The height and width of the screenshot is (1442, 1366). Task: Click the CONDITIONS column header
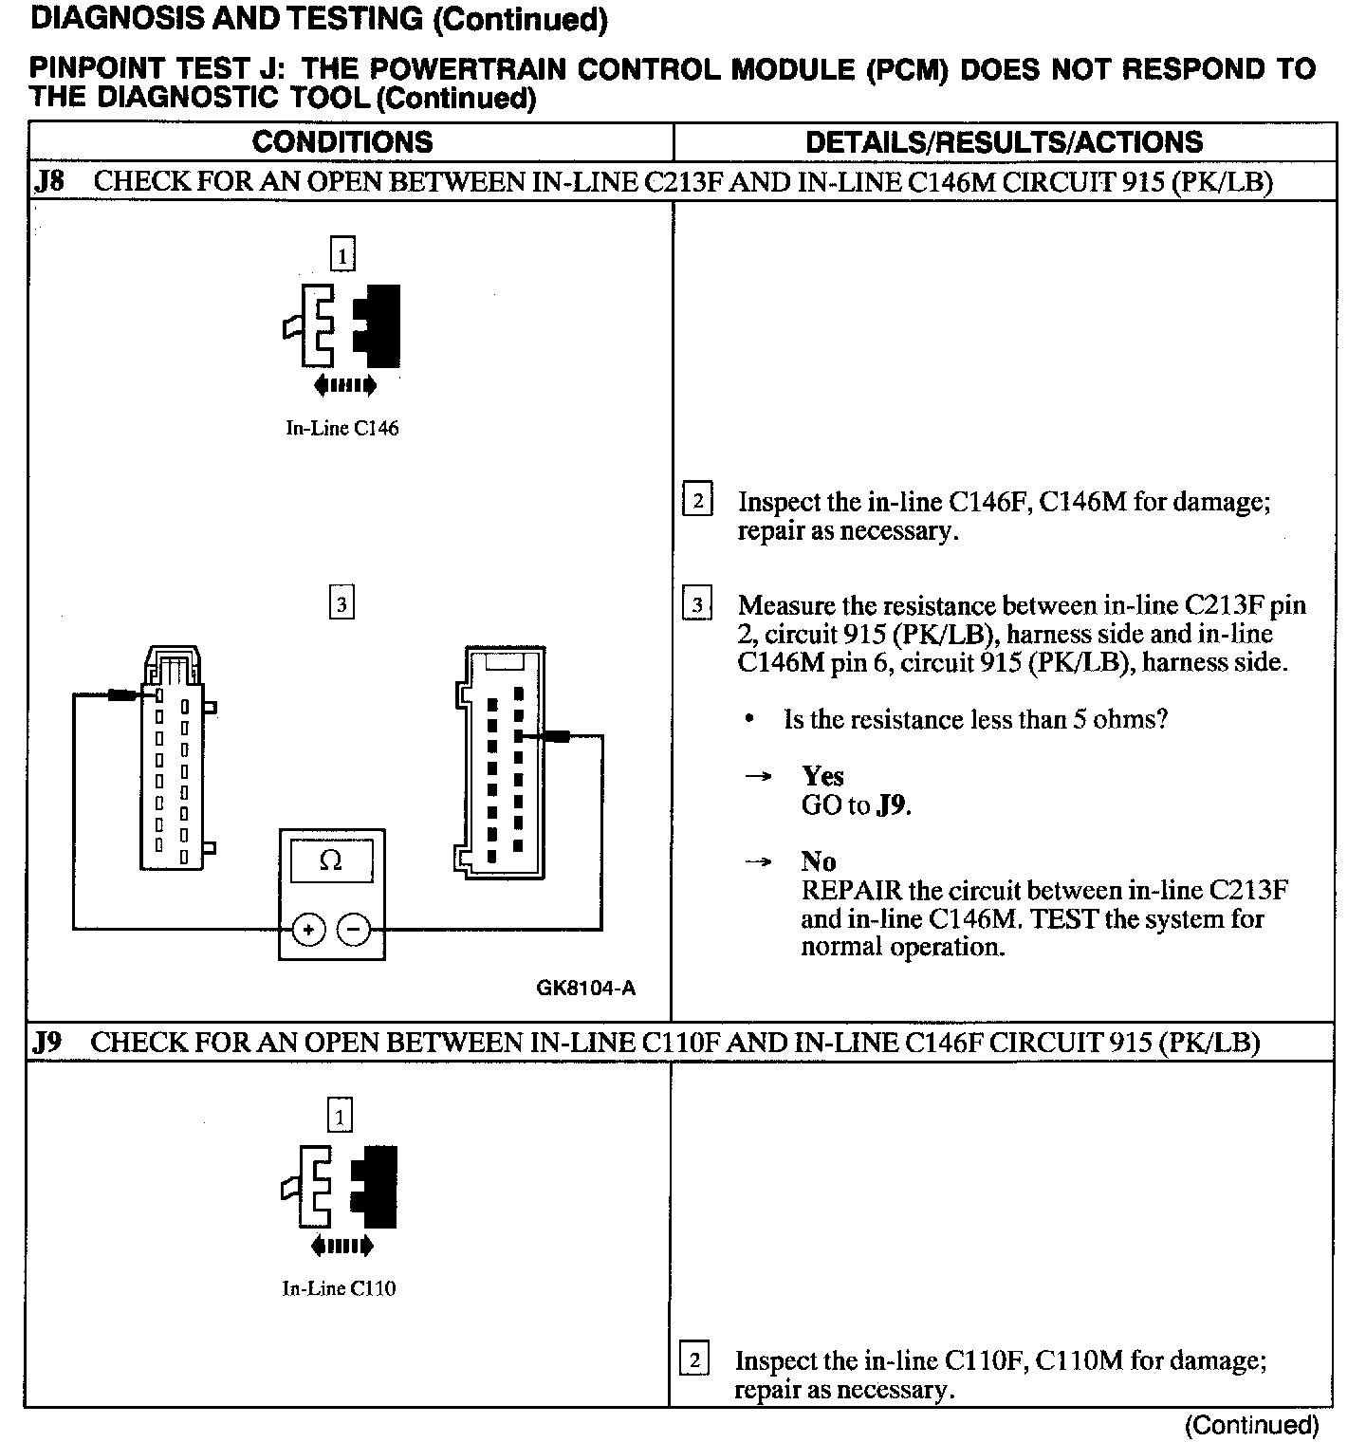tap(342, 142)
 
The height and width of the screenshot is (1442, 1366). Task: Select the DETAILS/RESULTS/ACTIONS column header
tap(1004, 142)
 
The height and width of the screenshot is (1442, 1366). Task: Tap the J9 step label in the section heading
tap(46, 1042)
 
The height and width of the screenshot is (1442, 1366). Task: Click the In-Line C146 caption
tap(342, 428)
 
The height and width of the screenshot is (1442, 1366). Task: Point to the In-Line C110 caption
tap(339, 1288)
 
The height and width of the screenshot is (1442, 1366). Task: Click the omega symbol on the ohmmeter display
tap(331, 860)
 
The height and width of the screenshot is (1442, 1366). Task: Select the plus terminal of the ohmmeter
tap(308, 930)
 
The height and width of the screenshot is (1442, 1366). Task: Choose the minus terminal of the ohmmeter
tap(354, 930)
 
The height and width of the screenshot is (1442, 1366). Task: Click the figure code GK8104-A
tap(585, 989)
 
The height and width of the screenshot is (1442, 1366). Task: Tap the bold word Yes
tap(822, 776)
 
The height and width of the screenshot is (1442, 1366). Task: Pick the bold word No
tap(818, 861)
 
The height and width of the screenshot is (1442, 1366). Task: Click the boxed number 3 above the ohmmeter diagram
tap(341, 603)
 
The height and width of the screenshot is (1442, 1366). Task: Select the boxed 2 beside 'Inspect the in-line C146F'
tap(697, 500)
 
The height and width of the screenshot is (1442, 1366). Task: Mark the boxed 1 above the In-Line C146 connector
tap(341, 254)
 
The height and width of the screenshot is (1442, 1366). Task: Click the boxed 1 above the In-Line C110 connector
tap(340, 1116)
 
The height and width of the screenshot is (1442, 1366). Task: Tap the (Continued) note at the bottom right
tap(1251, 1424)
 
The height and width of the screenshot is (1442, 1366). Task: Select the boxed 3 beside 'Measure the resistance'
tap(697, 604)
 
